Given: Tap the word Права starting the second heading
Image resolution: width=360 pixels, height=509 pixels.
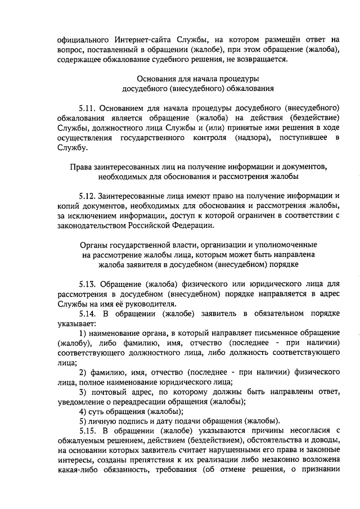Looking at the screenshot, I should pos(81,168).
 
